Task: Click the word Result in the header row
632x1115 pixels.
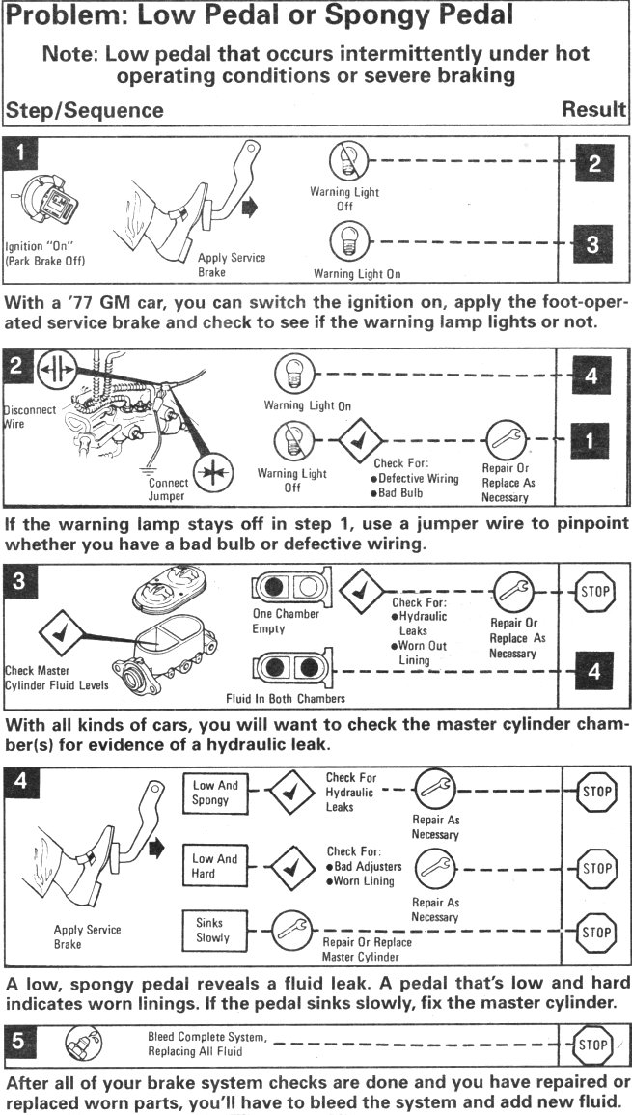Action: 593,110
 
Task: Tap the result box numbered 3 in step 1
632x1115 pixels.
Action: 593,245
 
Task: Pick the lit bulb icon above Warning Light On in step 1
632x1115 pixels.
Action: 344,238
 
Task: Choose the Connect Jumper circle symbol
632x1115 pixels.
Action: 210,477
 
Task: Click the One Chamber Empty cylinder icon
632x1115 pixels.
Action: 285,589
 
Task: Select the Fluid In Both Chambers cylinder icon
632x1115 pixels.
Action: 285,668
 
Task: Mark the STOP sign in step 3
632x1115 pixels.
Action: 593,589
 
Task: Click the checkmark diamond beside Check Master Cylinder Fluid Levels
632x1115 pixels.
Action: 61,635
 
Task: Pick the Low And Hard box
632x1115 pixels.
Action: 215,866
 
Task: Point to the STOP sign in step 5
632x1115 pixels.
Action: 593,1045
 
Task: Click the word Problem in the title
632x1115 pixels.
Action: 63,16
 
